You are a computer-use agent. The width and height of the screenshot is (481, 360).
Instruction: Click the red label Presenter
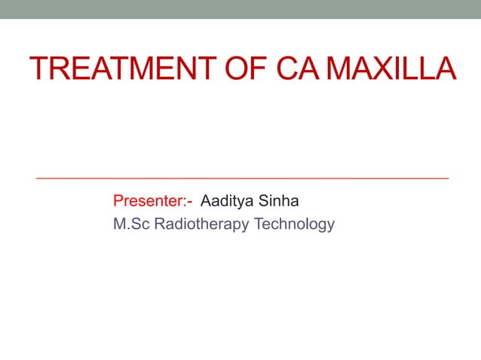[149, 202]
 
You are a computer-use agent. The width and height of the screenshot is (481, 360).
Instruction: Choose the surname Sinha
[280, 202]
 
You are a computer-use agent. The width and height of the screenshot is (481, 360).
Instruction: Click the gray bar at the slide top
[240, 9]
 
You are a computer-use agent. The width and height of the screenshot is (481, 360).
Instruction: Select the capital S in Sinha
[263, 202]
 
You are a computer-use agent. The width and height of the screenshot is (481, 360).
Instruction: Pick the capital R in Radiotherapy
[158, 224]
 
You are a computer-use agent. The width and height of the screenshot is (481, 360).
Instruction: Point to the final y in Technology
[330, 226]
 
